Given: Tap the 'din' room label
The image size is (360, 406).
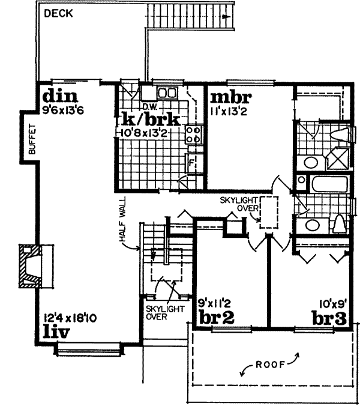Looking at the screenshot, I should (x=57, y=97).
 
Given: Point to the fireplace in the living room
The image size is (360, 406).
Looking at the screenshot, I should (x=29, y=265).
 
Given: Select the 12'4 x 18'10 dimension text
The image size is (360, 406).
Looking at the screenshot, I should (x=71, y=318).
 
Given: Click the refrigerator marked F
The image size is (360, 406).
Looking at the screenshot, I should (x=190, y=162).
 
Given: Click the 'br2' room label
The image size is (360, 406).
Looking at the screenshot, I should (x=215, y=317).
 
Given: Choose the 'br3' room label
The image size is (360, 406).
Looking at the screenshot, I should (x=330, y=317).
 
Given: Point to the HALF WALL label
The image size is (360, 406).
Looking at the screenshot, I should (x=118, y=222).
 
